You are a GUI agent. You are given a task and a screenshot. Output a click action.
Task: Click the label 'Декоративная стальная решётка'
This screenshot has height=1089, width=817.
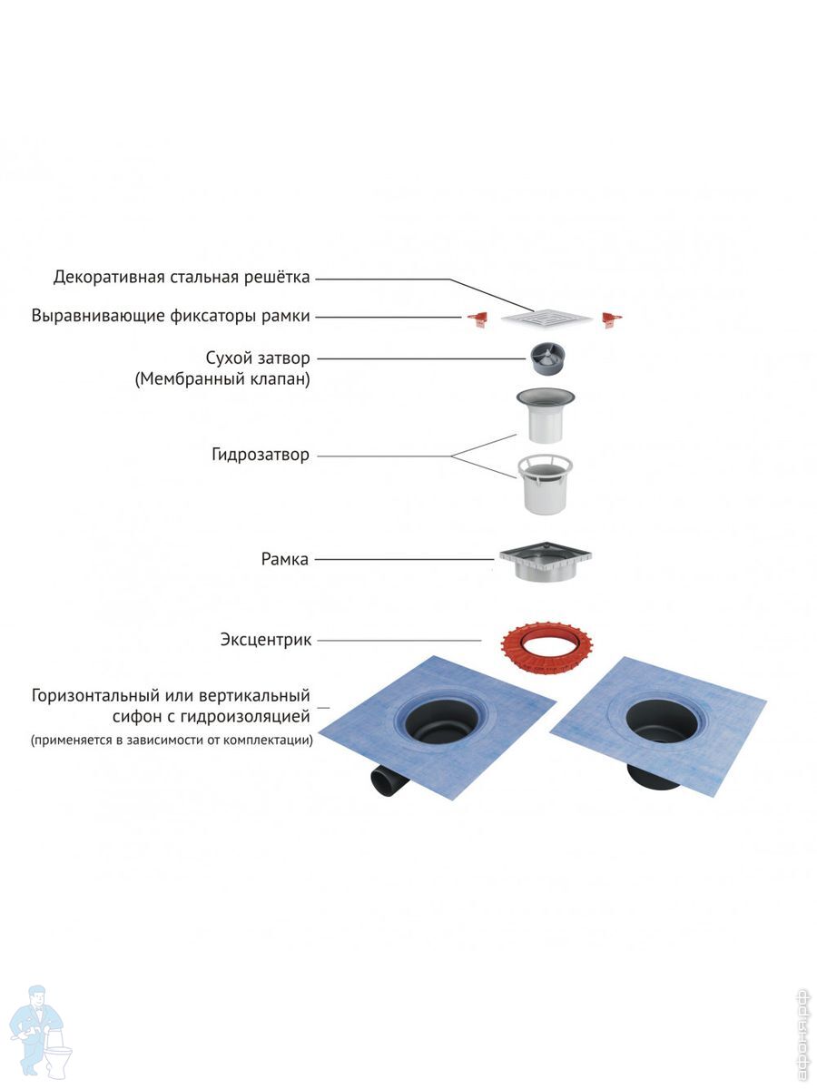click(182, 276)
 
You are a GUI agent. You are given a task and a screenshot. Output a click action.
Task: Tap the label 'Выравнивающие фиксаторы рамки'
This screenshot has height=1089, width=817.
click(171, 316)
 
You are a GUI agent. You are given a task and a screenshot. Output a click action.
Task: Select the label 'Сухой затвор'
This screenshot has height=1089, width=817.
click(258, 358)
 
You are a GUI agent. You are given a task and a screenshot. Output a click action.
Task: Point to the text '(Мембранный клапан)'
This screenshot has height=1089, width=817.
click(222, 379)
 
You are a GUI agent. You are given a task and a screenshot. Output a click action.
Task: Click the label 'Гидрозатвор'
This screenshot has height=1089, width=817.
click(261, 455)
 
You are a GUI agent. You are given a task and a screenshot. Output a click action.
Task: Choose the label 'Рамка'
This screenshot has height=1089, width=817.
click(285, 559)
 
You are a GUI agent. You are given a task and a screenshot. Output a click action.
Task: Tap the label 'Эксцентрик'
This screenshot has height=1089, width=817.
click(266, 640)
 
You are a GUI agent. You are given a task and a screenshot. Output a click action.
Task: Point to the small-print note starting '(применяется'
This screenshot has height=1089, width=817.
click(172, 741)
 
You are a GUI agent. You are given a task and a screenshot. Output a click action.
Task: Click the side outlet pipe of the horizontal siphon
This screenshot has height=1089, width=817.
click(385, 780)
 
